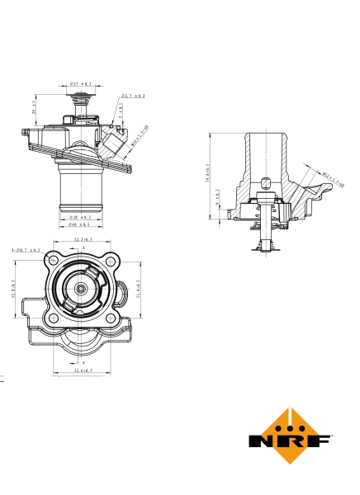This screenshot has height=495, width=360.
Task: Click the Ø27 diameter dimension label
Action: pyautogui.click(x=80, y=84)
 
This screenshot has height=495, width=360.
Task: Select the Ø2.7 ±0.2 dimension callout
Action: pyautogui.click(x=133, y=97)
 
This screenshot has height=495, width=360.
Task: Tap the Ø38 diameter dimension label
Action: pyautogui.click(x=80, y=218)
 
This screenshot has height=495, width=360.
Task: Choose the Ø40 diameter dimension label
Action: pyautogui.click(x=80, y=224)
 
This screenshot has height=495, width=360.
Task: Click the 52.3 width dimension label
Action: pyautogui.click(x=83, y=240)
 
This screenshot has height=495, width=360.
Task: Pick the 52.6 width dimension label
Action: pyautogui.click(x=83, y=372)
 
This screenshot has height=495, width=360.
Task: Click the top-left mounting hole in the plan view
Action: pyautogui.click(x=53, y=257)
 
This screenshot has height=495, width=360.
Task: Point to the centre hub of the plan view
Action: pyautogui.click(x=82, y=289)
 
